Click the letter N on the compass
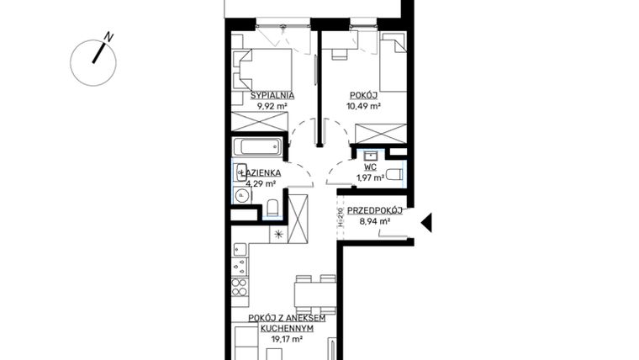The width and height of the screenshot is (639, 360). (x=108, y=37)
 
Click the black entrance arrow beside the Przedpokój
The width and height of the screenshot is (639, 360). (x=426, y=222)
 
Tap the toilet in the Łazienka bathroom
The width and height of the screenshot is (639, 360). (x=272, y=208)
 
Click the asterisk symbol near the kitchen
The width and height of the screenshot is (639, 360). (x=278, y=235)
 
